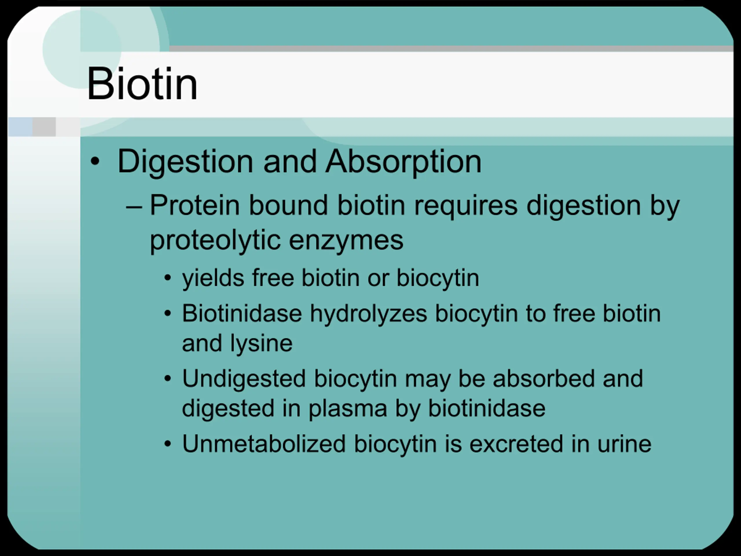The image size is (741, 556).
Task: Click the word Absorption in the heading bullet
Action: (x=404, y=162)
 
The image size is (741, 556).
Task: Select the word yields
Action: (x=213, y=279)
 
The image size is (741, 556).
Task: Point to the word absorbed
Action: (x=544, y=378)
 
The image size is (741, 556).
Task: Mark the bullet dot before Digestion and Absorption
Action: (x=95, y=162)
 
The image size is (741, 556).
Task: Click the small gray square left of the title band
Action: (x=44, y=127)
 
